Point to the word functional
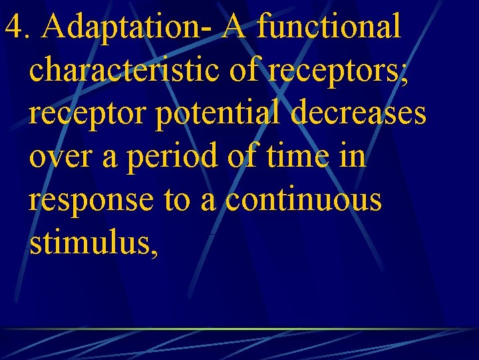[329, 27]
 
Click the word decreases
[358, 113]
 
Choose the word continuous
[304, 200]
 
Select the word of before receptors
[242, 70]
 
